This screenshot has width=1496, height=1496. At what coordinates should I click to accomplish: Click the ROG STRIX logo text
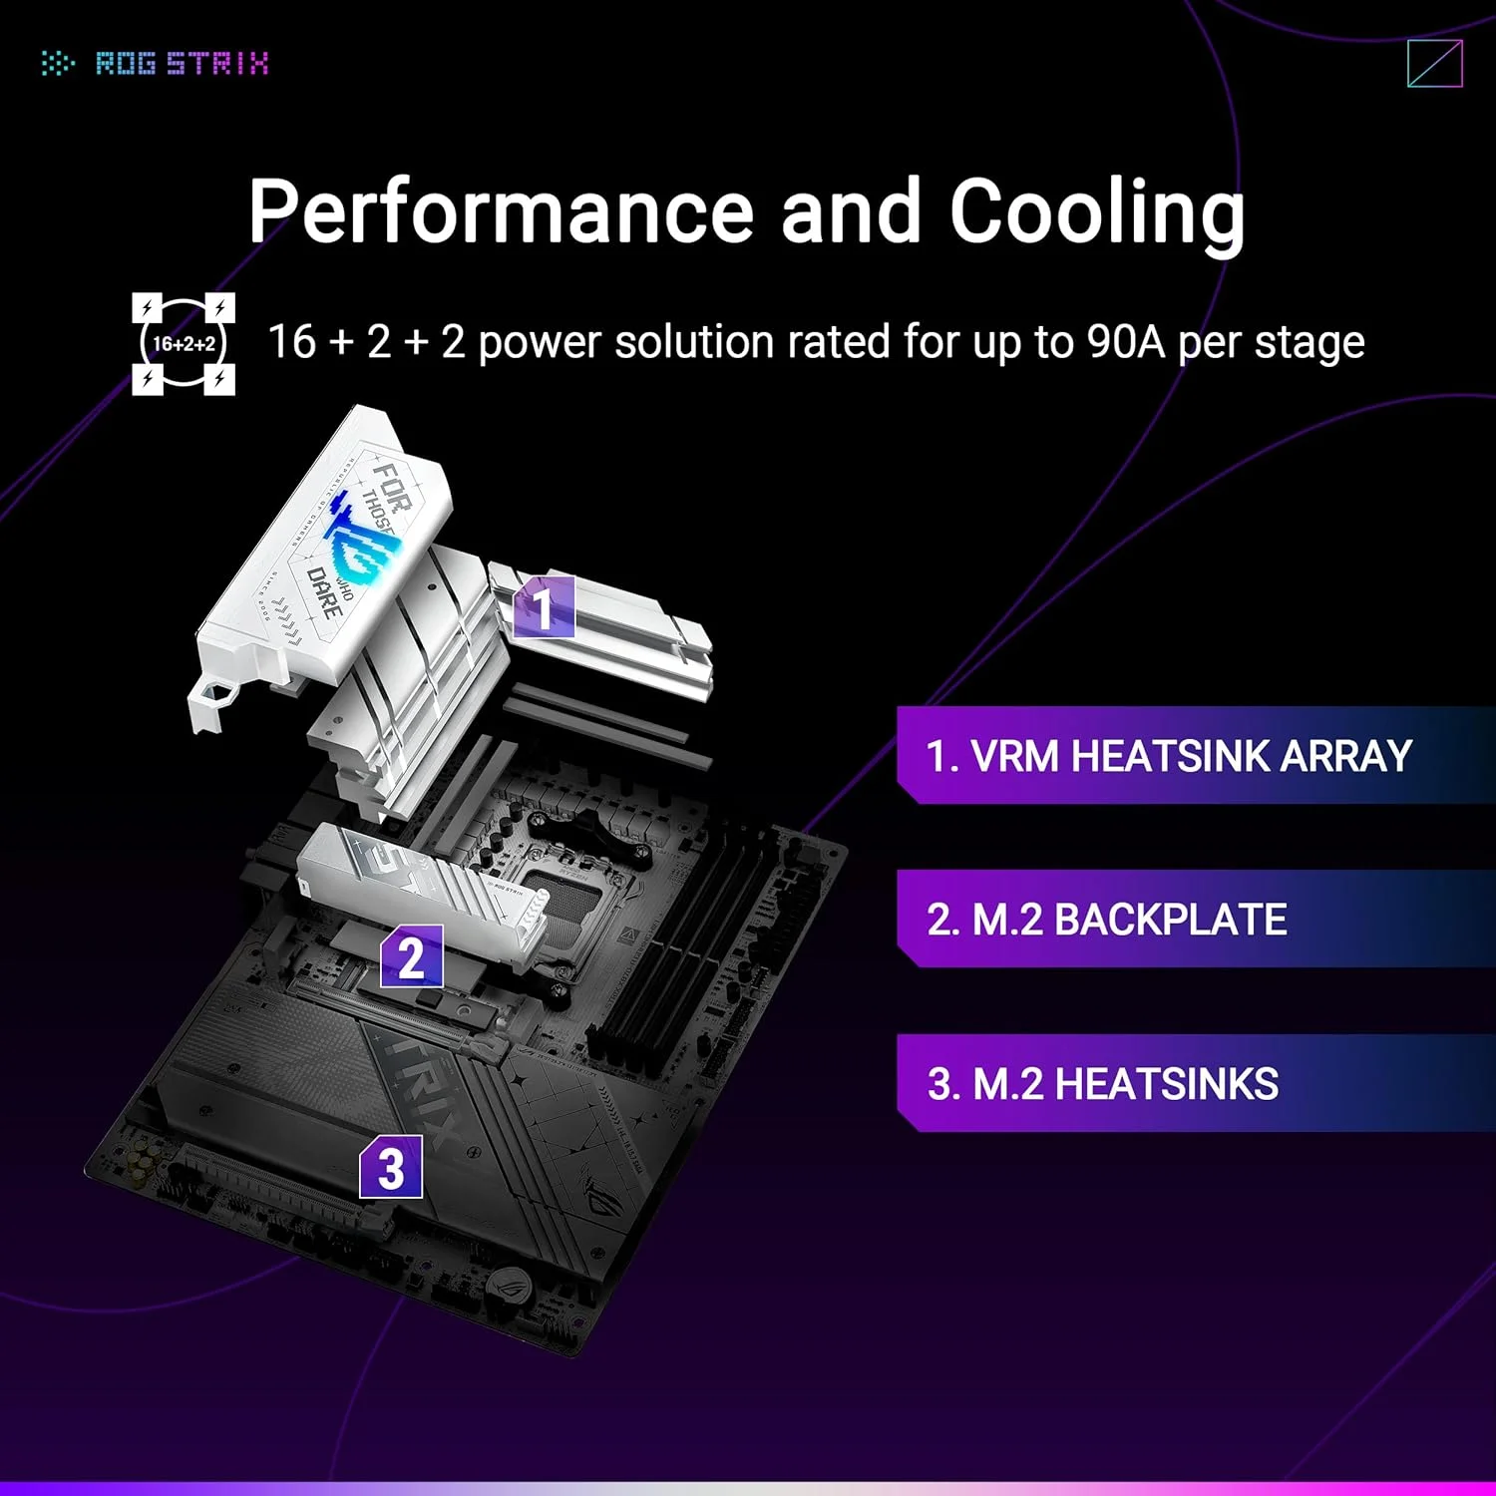click(x=182, y=64)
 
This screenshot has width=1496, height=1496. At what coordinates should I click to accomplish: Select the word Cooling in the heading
click(x=1097, y=210)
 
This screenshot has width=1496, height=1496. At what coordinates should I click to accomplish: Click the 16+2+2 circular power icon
click(x=184, y=344)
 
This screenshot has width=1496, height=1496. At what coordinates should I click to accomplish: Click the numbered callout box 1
click(x=544, y=606)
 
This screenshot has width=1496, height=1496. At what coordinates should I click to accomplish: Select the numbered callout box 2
click(x=411, y=956)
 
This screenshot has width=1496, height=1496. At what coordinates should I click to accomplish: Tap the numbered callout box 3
click(x=391, y=1168)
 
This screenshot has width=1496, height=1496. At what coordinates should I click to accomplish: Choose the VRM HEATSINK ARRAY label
click(x=1169, y=756)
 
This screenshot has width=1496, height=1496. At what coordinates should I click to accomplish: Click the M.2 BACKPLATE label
click(x=1107, y=920)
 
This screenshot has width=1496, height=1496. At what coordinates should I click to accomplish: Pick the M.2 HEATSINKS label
click(x=1103, y=1084)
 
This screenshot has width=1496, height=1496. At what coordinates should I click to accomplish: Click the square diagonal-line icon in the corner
click(x=1435, y=64)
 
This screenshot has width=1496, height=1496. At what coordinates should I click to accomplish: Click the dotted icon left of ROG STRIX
click(x=58, y=64)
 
